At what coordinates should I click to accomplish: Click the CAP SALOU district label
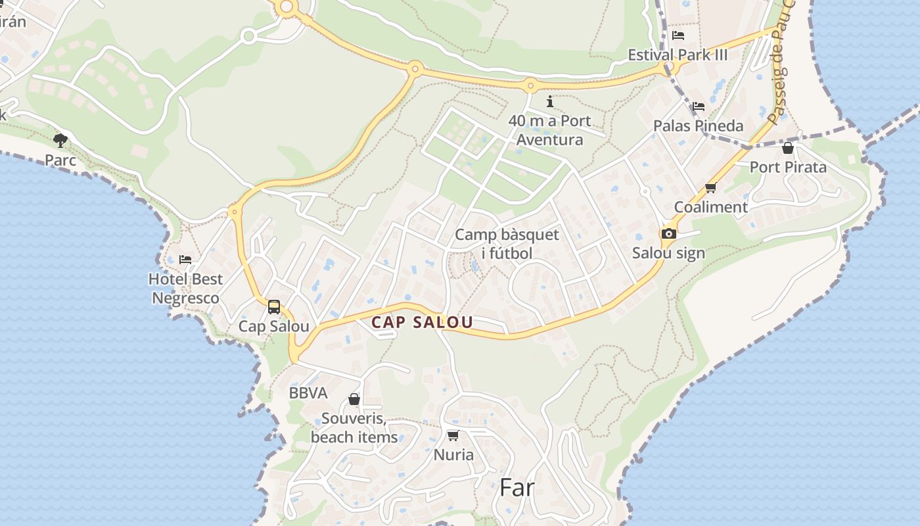click(422, 322)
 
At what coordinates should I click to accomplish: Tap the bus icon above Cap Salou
click(274, 306)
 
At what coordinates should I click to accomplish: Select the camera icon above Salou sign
click(668, 233)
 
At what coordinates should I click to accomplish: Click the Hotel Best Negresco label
click(186, 289)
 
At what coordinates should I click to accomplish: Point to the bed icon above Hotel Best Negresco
click(185, 259)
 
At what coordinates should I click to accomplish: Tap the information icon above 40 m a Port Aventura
click(550, 101)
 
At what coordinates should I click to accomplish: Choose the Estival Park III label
click(678, 55)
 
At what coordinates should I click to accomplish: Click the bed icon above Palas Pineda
click(698, 106)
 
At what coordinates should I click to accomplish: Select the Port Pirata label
click(788, 167)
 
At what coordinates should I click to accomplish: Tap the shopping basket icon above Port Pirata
click(788, 148)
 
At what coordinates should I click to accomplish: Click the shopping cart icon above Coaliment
click(710, 188)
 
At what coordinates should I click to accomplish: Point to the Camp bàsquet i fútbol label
click(507, 244)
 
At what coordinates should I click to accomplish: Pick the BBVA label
click(308, 393)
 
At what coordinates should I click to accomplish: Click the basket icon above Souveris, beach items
click(354, 399)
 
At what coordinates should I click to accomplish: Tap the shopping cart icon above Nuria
click(453, 435)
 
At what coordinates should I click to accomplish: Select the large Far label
click(517, 487)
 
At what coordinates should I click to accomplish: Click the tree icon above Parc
click(60, 140)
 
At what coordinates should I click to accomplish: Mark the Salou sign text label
click(668, 253)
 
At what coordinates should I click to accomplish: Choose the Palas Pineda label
click(698, 126)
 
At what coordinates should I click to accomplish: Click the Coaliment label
click(710, 207)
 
